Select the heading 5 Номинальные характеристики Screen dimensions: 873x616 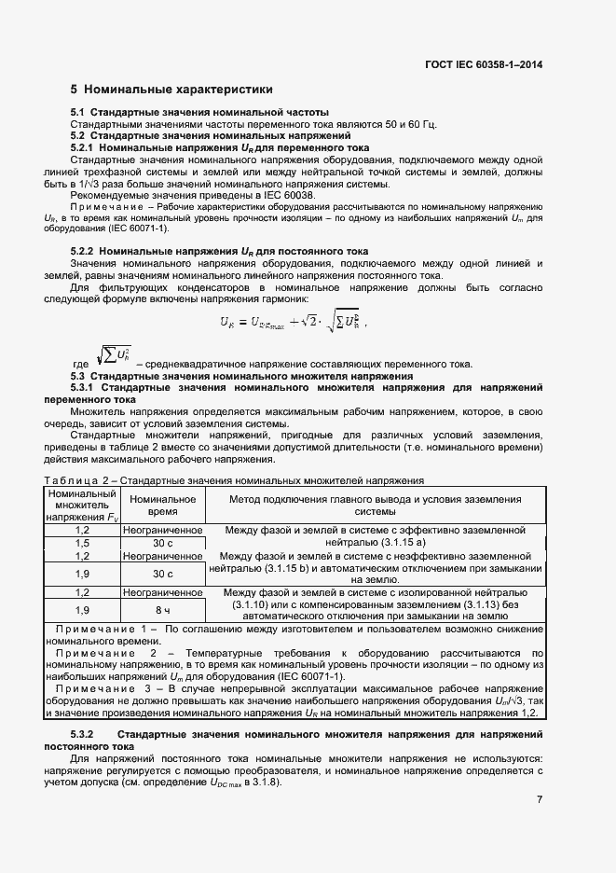click(x=171, y=90)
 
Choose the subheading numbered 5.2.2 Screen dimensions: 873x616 click(x=220, y=252)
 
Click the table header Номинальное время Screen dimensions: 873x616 click(x=163, y=506)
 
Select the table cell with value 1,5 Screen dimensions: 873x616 click(x=81, y=542)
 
